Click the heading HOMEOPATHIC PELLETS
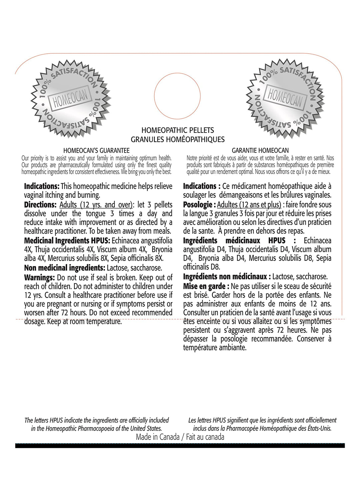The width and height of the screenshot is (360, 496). [178, 130]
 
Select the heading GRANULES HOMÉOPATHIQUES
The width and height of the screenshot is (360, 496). [178, 139]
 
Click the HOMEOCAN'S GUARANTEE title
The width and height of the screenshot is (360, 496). [96, 151]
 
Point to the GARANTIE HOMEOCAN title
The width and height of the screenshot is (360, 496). [260, 151]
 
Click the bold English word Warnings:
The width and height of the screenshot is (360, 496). [39, 278]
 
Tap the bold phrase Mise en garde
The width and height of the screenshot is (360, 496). [206, 286]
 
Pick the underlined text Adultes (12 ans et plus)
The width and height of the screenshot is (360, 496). [249, 205]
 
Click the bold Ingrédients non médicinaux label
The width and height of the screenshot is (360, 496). [225, 277]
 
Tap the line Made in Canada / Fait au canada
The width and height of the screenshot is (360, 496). [180, 437]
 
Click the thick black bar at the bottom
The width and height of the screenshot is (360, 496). [180, 445]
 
